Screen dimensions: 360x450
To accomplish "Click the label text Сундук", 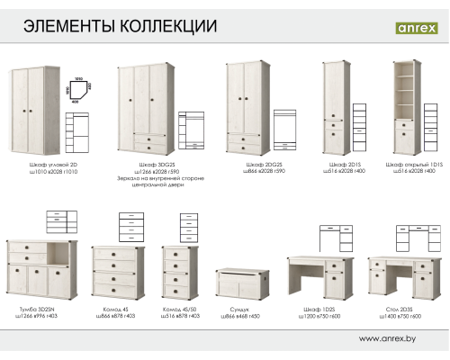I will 238,310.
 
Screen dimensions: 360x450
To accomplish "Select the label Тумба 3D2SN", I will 34,310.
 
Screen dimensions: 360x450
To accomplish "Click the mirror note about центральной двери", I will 149,184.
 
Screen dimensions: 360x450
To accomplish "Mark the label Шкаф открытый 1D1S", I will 403,166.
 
